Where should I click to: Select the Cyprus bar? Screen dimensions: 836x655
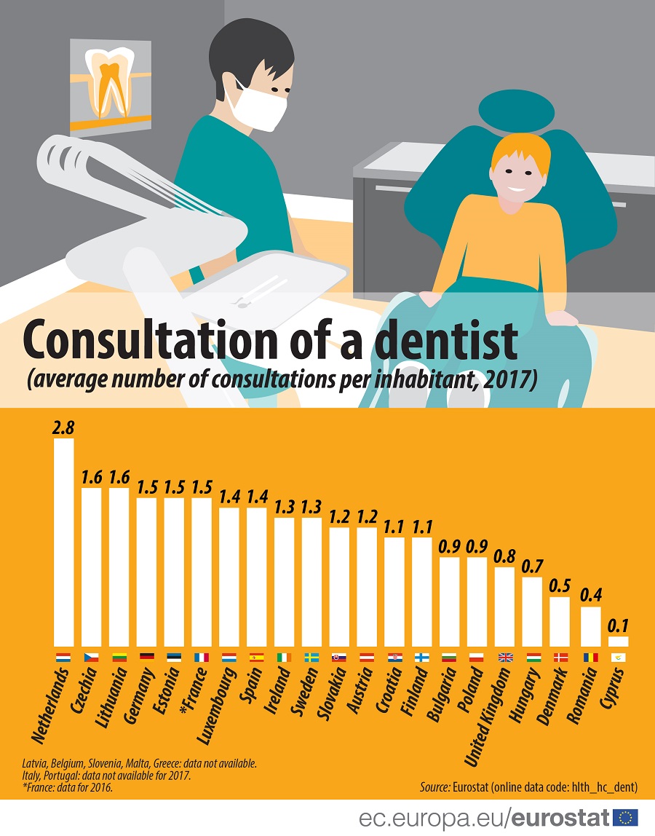[x=619, y=642]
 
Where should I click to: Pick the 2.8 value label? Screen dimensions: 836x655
[x=64, y=427]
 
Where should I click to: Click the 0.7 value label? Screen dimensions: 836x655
[x=533, y=566]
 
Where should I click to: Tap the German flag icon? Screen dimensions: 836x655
[x=146, y=657]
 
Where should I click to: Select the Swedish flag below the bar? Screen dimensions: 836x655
[x=311, y=657]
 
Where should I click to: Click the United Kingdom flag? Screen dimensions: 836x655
[x=505, y=657]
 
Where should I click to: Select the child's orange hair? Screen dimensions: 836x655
[x=518, y=150]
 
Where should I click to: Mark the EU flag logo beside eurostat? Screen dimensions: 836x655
[x=626, y=818]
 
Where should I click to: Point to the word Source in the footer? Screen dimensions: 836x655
[x=435, y=786]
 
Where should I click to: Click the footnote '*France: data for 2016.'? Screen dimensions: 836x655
[x=67, y=787]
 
